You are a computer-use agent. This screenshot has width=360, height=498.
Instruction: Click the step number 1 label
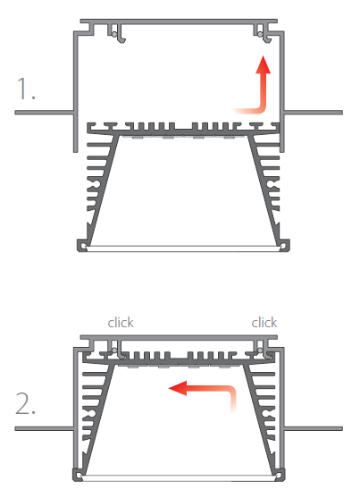click(26, 88)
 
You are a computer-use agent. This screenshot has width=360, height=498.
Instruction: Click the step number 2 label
click(25, 403)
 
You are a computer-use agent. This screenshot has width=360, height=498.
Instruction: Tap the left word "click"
click(121, 323)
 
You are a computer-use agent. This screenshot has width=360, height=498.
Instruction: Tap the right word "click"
click(264, 323)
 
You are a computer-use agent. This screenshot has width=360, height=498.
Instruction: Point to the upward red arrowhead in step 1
click(264, 64)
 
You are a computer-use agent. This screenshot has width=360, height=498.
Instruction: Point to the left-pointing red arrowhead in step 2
click(178, 388)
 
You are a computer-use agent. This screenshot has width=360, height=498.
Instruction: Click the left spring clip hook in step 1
click(118, 34)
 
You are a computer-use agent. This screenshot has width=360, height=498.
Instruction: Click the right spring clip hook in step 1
click(264, 34)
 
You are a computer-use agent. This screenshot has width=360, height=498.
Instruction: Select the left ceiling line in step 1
click(45, 113)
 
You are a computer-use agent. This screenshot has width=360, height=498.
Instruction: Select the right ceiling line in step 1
click(314, 113)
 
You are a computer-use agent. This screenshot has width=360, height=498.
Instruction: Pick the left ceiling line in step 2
click(45, 429)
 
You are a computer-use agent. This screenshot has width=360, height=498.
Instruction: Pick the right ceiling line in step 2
click(314, 429)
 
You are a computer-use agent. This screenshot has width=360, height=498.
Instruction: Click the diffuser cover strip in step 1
click(183, 249)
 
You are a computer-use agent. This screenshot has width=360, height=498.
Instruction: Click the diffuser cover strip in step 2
click(179, 478)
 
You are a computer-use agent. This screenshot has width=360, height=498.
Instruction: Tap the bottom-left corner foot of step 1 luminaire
click(82, 245)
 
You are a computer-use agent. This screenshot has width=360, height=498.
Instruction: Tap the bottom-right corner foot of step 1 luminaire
click(284, 245)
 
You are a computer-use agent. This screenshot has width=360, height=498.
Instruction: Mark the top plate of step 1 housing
click(179, 21)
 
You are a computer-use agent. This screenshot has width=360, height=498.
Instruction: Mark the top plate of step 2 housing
click(179, 337)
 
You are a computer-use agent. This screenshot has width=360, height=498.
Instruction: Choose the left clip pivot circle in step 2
click(114, 350)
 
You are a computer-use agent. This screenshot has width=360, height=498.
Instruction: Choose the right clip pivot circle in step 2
click(260, 350)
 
